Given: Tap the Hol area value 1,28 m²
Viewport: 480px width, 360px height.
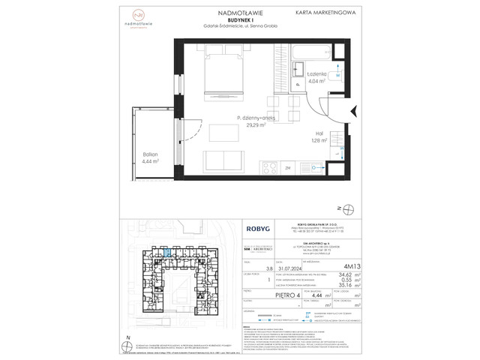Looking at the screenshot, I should tap(320, 139).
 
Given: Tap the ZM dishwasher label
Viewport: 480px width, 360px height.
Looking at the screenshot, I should tap(246, 169).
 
